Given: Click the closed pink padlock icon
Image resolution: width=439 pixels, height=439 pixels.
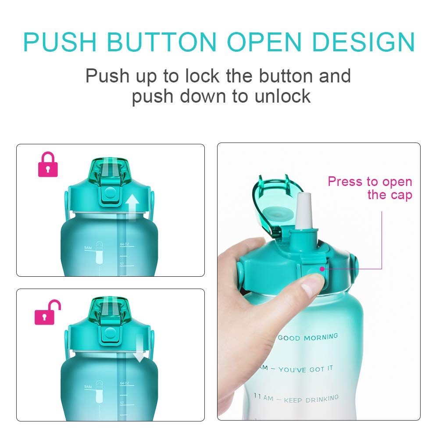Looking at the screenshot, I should click(48, 165).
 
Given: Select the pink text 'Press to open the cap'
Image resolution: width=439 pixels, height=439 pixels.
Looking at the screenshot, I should click(370, 188).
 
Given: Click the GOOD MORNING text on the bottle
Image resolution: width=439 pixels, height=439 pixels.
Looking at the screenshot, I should click(308, 337).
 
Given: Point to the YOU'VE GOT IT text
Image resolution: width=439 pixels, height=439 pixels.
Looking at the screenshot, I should click(305, 370).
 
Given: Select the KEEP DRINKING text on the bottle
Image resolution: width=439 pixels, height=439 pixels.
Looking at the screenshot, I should click(311, 399).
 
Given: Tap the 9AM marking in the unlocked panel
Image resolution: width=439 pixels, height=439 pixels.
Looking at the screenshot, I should click(88, 386).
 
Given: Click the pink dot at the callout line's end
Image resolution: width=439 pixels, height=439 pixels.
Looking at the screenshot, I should click(321, 269).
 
